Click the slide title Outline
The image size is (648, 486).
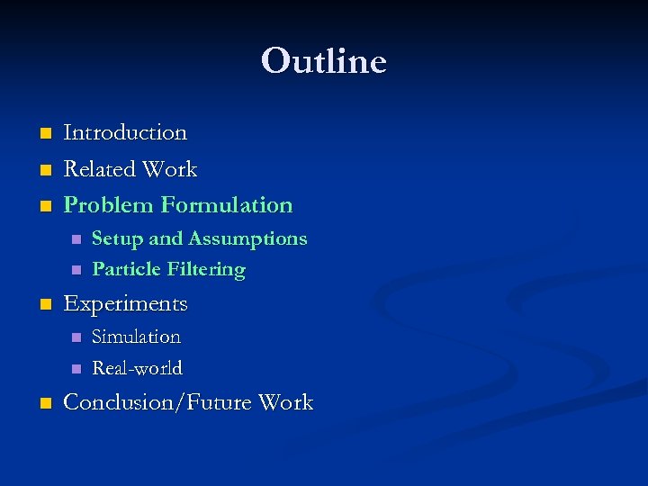[x=324, y=61]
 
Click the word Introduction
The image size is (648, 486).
[x=125, y=132]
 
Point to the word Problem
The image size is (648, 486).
[x=108, y=205]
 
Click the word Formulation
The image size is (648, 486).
[x=227, y=205]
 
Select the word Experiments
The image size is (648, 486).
[x=125, y=304]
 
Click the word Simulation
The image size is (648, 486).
[x=137, y=337]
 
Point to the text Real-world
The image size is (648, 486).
[x=137, y=368]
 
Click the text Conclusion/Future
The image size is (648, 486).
[x=157, y=402]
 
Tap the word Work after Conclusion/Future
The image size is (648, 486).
[x=285, y=402]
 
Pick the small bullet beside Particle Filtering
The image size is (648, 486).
[x=76, y=270]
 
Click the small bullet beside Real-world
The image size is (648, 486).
[x=76, y=369]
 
